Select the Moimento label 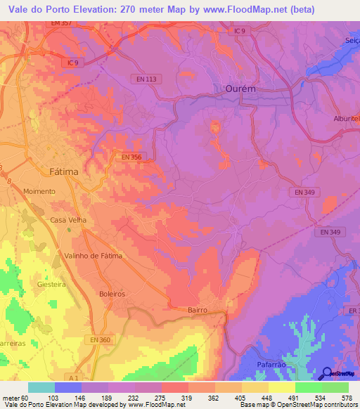[39, 191]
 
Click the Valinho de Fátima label [93, 256]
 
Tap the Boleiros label [112, 294]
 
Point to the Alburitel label [346, 119]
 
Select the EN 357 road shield [61, 24]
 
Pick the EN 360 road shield [101, 340]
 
